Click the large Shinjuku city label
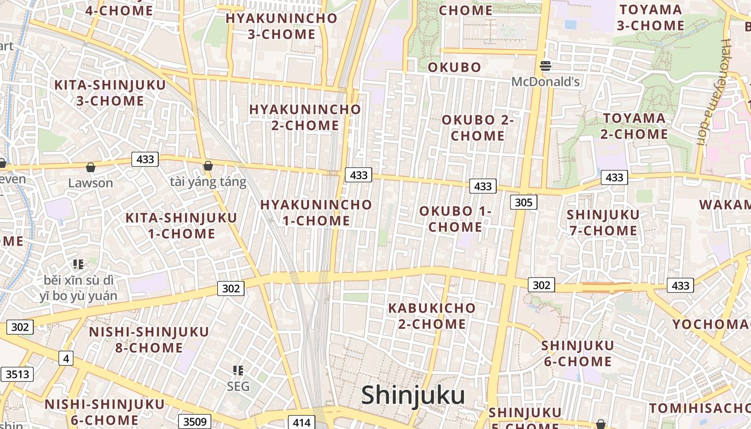click(413, 396)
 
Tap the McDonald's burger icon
click(546, 66)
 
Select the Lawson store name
click(91, 183)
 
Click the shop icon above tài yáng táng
click(208, 166)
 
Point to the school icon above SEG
click(238, 370)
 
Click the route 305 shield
click(523, 202)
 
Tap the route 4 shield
click(65, 358)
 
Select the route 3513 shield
click(17, 374)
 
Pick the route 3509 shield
click(194, 421)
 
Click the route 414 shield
click(302, 422)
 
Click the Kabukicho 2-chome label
click(432, 316)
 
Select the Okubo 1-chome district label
click(455, 219)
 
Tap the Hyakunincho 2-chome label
click(305, 117)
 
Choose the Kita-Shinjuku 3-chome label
click(99, 93)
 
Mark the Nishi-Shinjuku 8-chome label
click(149, 339)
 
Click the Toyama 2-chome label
click(634, 126)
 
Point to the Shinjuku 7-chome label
click(602, 223)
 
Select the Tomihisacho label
click(699, 408)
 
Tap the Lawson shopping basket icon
click(91, 168)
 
